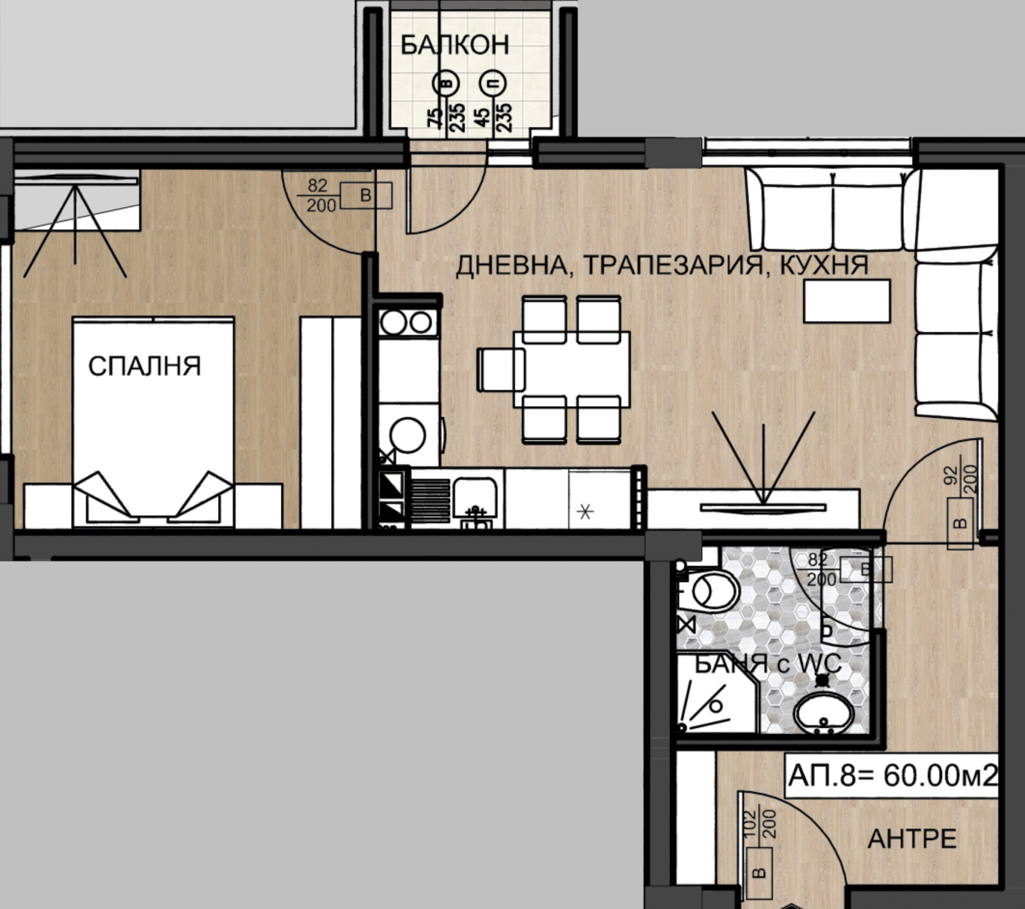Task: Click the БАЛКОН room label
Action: pos(455,45)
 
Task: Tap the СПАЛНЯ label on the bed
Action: pos(144,366)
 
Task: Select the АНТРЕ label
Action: pos(912,839)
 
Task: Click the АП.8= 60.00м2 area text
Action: pos(892,776)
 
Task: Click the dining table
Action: pos(571,369)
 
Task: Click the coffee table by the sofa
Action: pos(847,300)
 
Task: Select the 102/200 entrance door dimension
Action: pos(759,824)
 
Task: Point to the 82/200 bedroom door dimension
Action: pos(322,195)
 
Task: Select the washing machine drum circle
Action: pos(407,435)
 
